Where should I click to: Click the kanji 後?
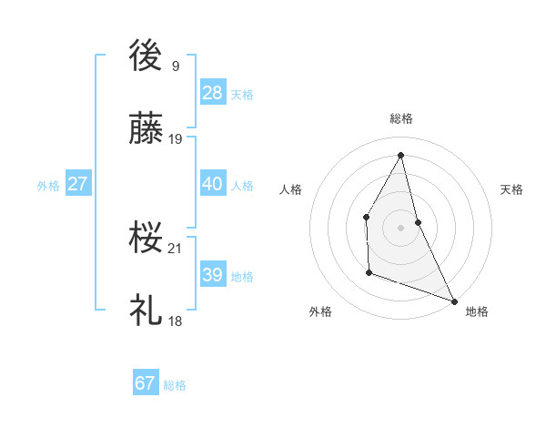[146, 56]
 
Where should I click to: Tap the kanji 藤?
[146, 130]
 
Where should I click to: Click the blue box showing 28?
[213, 93]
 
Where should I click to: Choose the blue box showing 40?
[213, 184]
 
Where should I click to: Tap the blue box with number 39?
[213, 275]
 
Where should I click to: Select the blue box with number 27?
[77, 184]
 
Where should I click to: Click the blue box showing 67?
[146, 383]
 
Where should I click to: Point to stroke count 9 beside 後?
[176, 66]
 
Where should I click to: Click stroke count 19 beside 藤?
[176, 139]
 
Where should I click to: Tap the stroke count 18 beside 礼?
[176, 321]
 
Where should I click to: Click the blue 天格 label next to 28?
[242, 94]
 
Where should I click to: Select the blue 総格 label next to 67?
[175, 384]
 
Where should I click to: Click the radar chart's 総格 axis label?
[401, 118]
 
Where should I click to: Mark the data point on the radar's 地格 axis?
[454, 301]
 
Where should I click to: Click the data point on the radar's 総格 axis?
[401, 155]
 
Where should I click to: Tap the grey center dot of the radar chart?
[401, 227]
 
